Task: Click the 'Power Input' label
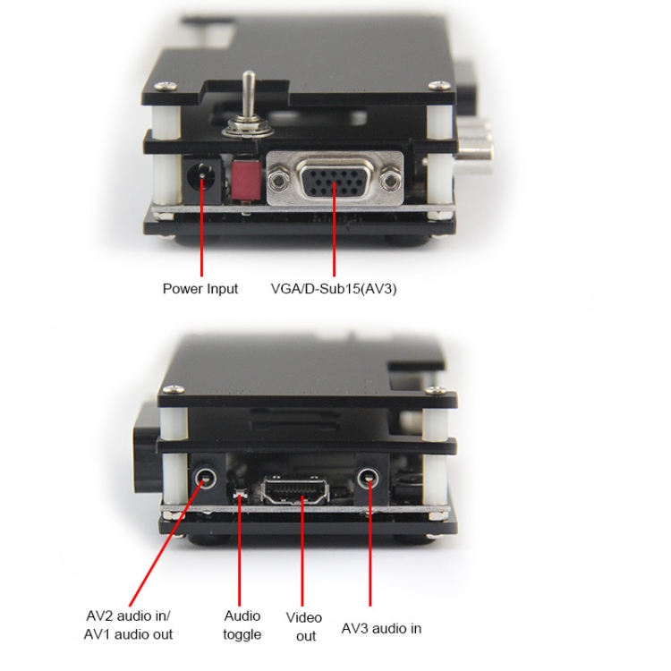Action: [200, 289]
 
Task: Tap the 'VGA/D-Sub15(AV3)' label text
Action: [334, 289]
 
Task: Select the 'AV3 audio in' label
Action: [381, 628]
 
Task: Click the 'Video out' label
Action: [304, 626]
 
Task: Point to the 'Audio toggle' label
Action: [242, 624]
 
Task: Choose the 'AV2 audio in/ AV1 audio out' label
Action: [128, 624]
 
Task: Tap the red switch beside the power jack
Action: [246, 179]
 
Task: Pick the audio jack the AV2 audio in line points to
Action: [206, 476]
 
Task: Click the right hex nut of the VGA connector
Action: [390, 182]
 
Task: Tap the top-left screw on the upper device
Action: [166, 86]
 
